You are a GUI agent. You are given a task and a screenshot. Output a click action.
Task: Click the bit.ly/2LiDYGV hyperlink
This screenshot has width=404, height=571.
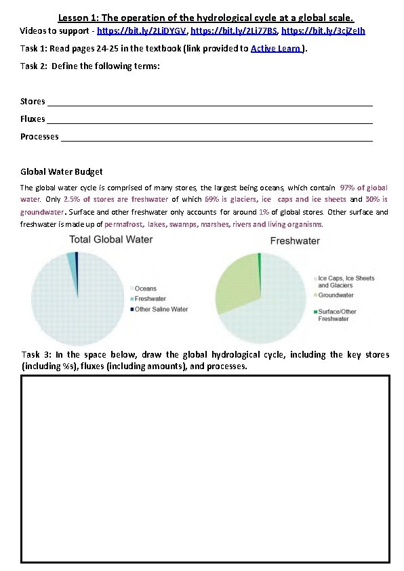click(x=142, y=31)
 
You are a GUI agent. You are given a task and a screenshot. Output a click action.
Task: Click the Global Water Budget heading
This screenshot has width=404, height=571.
click(x=62, y=171)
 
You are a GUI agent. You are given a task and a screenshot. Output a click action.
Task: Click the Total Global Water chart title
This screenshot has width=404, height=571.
click(x=111, y=239)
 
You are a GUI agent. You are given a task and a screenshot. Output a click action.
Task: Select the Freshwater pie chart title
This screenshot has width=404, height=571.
click(x=296, y=241)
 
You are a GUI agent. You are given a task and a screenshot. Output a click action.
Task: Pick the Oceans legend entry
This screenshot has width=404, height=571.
click(x=146, y=289)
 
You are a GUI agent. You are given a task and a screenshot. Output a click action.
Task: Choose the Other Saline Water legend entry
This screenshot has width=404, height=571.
click(x=161, y=309)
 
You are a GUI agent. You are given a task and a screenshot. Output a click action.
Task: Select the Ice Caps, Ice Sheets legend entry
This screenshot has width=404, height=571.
click(x=346, y=282)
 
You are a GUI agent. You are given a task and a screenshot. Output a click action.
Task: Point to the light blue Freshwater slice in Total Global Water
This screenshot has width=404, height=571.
click(x=70, y=260)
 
